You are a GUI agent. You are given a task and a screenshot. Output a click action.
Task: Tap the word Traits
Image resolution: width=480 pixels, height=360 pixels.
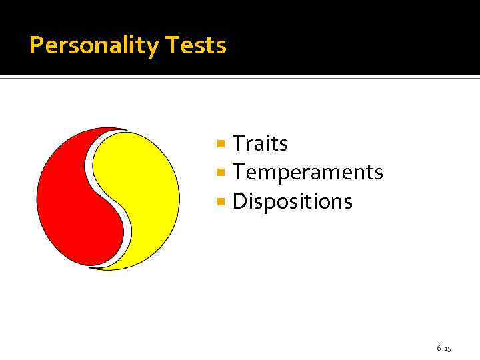pos(260,143)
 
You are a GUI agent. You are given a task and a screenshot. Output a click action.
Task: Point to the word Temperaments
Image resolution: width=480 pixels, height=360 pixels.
pos(307,173)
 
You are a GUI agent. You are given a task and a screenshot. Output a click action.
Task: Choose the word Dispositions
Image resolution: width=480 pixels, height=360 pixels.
pos(292,201)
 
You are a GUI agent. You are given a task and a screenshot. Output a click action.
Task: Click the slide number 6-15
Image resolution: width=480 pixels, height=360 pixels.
pos(444,349)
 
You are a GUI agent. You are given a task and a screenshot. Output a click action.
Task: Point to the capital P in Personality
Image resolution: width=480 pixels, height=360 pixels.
pos(36,46)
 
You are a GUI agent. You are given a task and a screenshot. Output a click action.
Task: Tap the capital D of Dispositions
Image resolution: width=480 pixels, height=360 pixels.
pos(239,201)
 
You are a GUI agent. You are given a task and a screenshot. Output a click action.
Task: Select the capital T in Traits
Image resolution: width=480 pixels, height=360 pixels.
pos(239,143)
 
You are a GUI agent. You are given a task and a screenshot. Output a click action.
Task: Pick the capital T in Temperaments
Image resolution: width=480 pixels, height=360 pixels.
pos(239,173)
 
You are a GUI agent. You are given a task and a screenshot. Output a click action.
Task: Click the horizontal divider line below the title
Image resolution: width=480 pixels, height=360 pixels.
pos(240,77)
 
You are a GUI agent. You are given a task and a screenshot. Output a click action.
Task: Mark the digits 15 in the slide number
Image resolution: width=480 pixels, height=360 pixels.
pos(447,349)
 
